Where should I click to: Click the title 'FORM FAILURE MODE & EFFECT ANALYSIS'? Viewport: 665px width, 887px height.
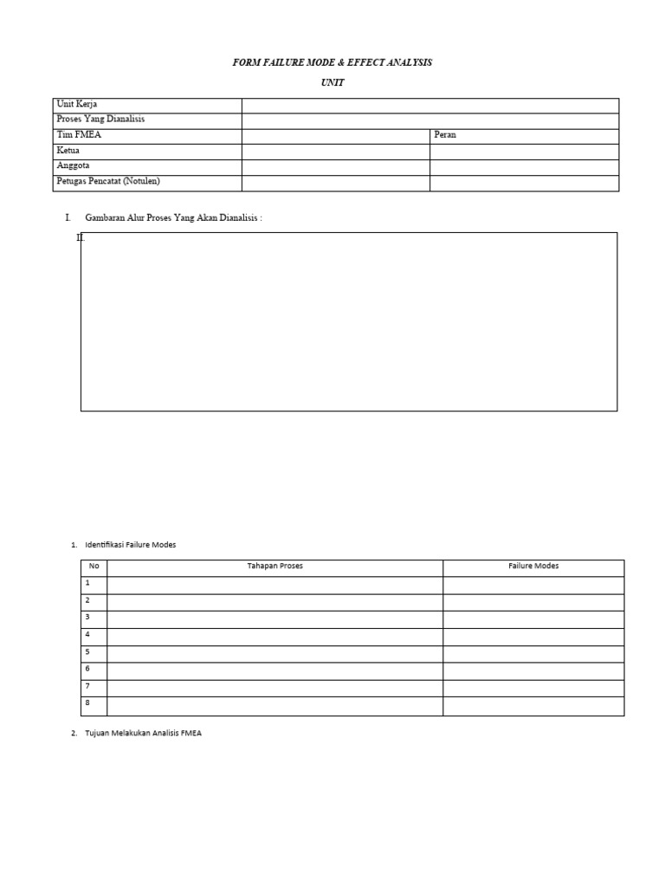click(332, 63)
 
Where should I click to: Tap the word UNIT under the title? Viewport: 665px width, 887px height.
click(332, 83)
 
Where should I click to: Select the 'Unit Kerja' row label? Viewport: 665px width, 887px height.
click(77, 105)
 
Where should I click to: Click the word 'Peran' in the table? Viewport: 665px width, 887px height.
click(445, 135)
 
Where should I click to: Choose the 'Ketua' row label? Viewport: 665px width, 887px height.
click(68, 151)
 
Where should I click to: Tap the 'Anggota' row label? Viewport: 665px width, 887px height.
click(73, 165)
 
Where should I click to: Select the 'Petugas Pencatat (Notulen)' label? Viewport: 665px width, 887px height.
click(108, 181)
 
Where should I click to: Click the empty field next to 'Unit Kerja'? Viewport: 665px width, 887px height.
click(430, 106)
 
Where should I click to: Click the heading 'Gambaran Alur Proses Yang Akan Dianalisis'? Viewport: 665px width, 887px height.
click(173, 217)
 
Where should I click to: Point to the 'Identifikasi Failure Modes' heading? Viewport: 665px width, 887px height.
click(130, 545)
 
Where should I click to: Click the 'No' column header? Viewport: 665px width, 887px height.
click(94, 567)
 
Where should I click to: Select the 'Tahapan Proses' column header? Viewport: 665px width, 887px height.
click(274, 567)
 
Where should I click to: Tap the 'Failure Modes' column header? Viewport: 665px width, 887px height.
click(533, 567)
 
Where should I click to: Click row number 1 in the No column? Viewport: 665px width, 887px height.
click(87, 584)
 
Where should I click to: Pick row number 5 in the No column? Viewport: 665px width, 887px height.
click(87, 651)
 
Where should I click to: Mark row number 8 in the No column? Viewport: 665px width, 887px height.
click(87, 702)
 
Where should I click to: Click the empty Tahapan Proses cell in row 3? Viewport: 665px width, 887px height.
click(274, 618)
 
